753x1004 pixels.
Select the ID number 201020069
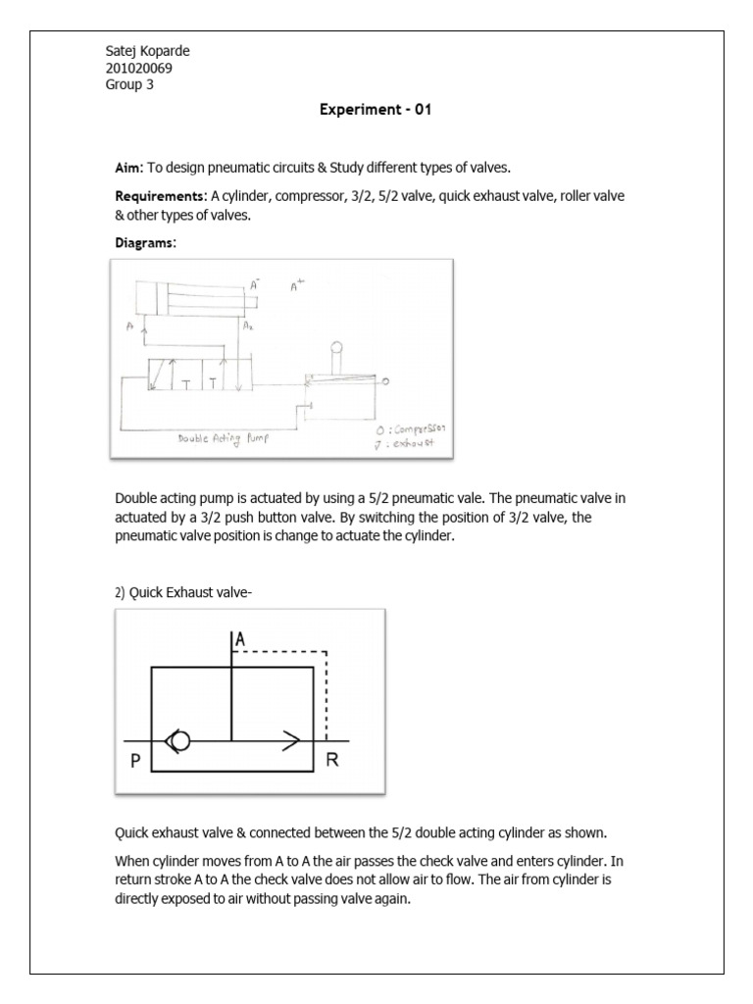140,68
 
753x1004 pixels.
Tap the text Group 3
129,84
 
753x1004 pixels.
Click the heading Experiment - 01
376,110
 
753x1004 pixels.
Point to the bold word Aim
128,169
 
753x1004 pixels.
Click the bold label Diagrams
145,241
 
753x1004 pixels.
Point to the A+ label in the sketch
298,287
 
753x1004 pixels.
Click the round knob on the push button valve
336,347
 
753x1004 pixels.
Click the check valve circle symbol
179,741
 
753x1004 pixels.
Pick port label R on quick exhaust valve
332,762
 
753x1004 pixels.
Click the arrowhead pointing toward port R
290,741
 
